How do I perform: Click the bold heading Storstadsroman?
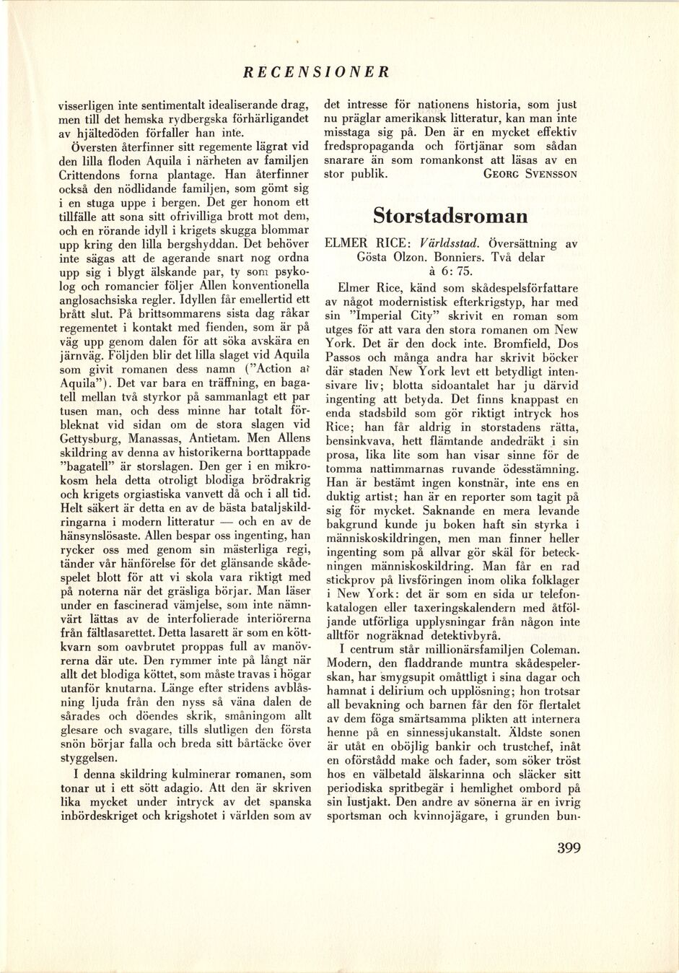coord(450,216)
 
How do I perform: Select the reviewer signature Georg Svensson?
coord(530,174)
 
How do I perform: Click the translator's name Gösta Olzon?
coord(388,257)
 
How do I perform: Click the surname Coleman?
coord(542,649)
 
